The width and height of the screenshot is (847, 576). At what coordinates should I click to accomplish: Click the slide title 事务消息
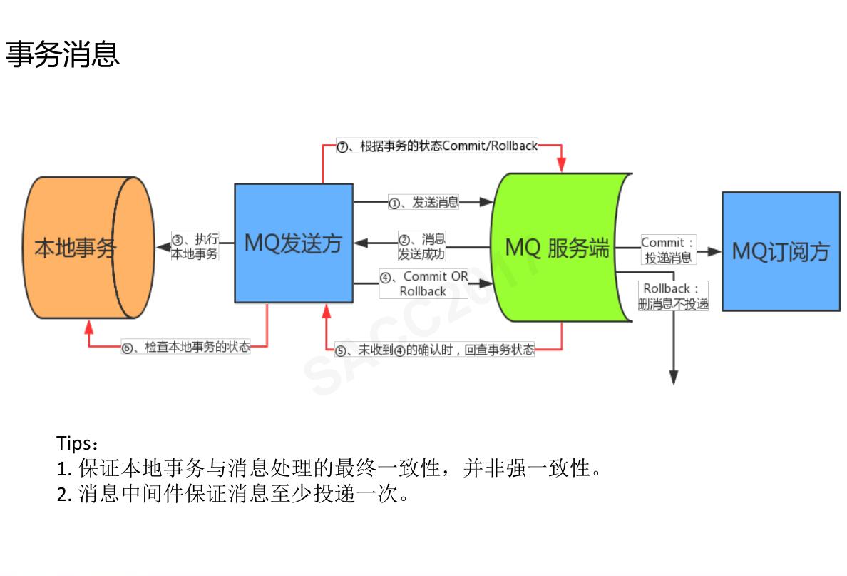63,54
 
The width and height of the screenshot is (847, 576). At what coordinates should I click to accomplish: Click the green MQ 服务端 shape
557,247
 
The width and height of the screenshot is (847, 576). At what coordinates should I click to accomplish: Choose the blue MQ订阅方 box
781,251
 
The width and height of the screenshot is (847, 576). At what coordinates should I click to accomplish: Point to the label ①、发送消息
423,202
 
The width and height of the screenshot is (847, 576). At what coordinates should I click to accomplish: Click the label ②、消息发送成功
421,246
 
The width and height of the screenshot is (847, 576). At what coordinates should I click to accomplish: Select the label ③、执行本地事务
195,246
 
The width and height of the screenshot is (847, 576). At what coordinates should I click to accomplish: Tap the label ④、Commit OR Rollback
423,283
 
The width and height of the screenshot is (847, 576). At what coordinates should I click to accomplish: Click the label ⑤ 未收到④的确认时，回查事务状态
435,350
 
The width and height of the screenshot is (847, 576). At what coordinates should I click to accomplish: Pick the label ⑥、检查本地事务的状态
187,348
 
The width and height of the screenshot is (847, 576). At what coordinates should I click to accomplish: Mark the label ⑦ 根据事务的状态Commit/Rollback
437,146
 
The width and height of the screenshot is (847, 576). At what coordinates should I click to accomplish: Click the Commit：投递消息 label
668,250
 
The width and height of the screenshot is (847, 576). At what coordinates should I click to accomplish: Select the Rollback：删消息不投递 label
673,296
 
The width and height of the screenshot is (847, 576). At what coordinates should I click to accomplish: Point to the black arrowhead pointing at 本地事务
162,247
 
